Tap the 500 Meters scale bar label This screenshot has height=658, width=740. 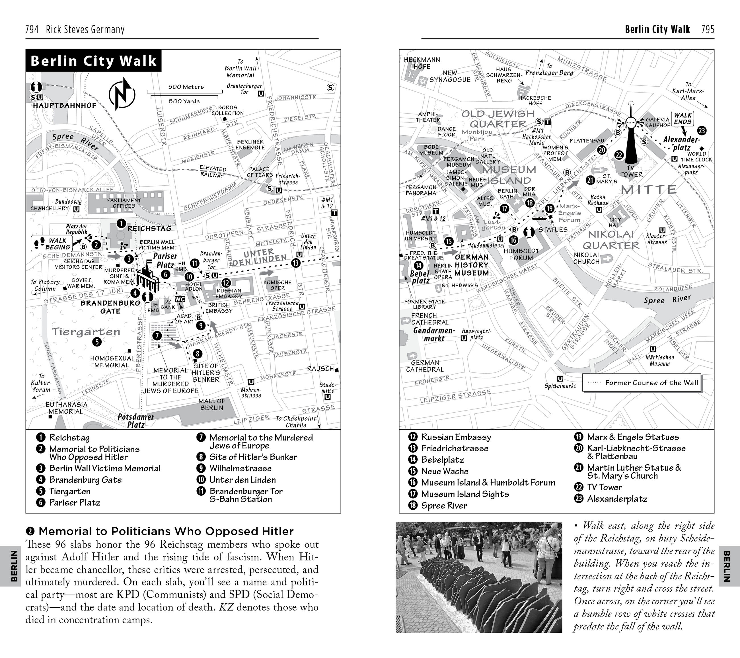(x=186, y=87)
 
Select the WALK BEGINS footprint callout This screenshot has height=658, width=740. (x=52, y=244)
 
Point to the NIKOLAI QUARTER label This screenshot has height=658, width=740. (x=611, y=240)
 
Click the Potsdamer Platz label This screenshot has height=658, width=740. (x=136, y=421)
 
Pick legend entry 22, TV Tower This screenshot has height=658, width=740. (x=604, y=487)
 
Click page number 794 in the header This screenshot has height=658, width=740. (x=32, y=29)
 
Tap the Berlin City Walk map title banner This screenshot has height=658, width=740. (x=94, y=61)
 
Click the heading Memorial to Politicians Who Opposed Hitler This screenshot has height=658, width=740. (x=166, y=531)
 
